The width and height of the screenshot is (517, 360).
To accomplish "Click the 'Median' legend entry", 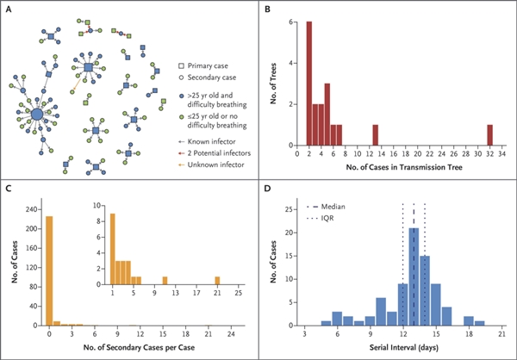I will pos(329,208).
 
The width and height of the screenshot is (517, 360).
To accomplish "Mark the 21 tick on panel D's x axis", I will pos(501,333).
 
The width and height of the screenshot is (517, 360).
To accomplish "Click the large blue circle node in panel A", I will pos(37,113).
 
